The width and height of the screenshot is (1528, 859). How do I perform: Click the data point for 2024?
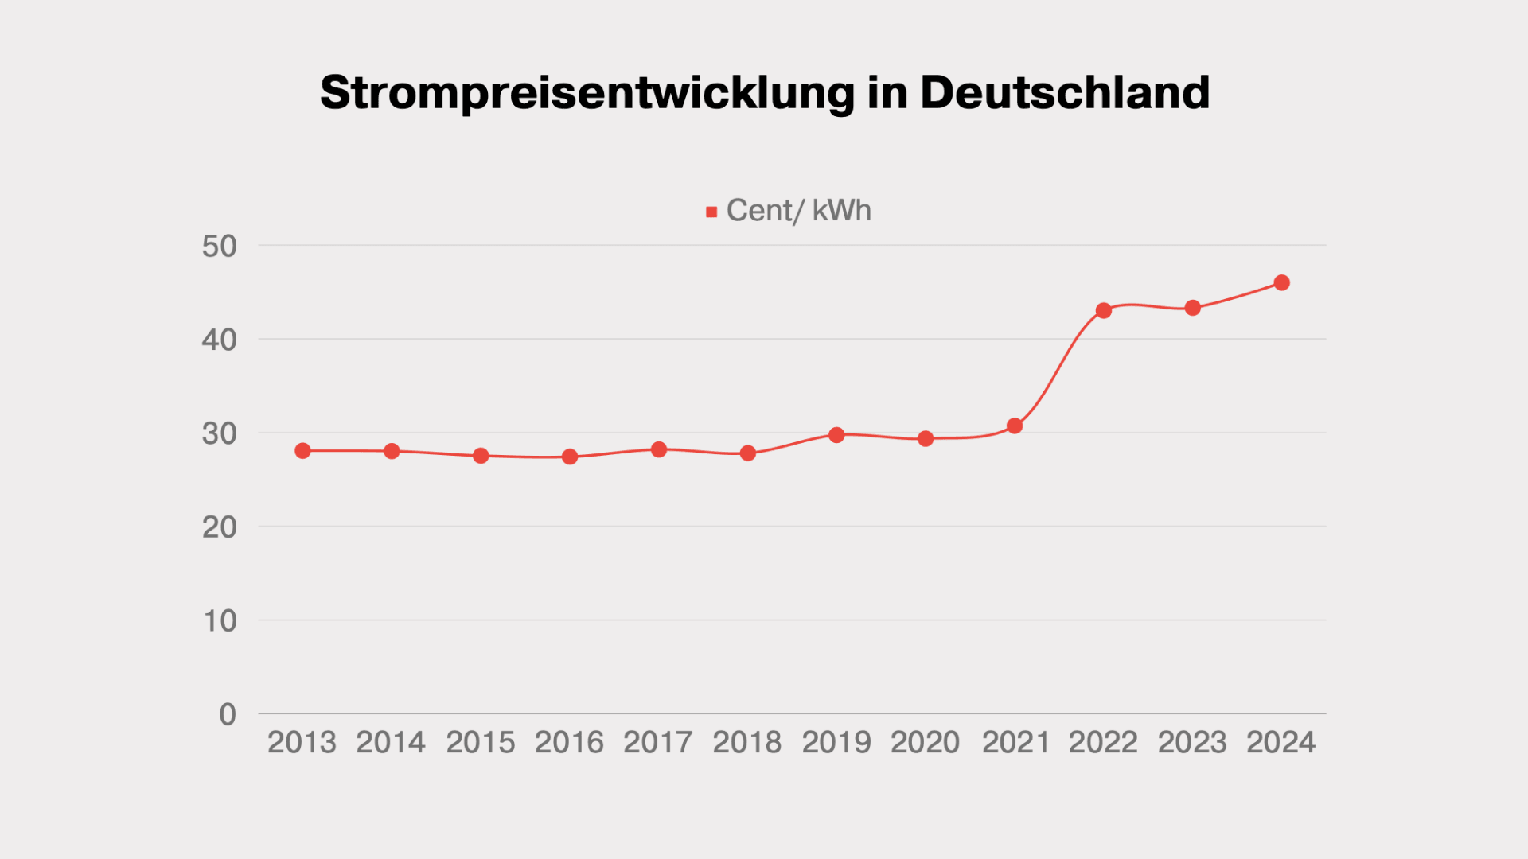click(x=1281, y=282)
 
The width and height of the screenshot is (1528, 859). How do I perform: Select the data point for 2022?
click(x=1103, y=310)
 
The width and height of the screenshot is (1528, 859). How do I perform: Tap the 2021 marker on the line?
click(x=1014, y=426)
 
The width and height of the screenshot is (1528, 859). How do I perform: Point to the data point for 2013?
click(x=302, y=451)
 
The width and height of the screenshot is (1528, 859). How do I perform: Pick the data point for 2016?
click(x=570, y=457)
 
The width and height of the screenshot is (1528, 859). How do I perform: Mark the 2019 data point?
click(x=836, y=435)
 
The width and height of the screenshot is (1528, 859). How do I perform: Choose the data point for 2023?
click(x=1192, y=308)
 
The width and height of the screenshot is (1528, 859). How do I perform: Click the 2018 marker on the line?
click(x=747, y=453)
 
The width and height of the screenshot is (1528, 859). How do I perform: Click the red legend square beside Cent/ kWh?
click(x=711, y=212)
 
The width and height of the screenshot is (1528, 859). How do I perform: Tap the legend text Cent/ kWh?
click(x=798, y=211)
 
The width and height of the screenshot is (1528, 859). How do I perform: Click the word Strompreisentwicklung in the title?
click(x=587, y=93)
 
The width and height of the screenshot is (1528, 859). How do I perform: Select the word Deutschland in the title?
click(x=1065, y=92)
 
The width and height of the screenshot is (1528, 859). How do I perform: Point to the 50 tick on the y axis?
click(x=219, y=247)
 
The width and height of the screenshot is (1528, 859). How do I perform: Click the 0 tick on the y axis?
click(x=228, y=714)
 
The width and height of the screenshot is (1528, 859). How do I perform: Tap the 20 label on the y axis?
click(x=219, y=527)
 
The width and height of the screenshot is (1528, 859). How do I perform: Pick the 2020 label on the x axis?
click(x=925, y=742)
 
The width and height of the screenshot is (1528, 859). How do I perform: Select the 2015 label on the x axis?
click(x=480, y=742)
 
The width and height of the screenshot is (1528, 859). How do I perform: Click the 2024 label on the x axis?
click(x=1280, y=742)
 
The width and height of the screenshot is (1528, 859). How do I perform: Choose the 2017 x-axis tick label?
click(x=658, y=742)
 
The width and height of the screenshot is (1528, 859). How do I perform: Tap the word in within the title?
click(x=887, y=92)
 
